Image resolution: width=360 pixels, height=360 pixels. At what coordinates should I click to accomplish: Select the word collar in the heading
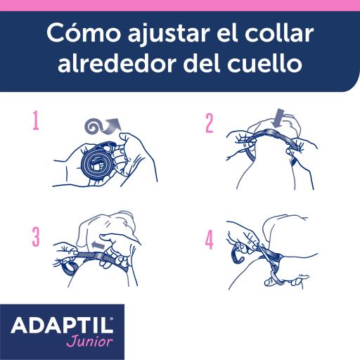pyautogui.click(x=276, y=34)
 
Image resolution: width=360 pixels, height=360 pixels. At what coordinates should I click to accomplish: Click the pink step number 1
pyautogui.click(x=35, y=122)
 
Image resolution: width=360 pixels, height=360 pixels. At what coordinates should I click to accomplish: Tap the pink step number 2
pyautogui.click(x=209, y=122)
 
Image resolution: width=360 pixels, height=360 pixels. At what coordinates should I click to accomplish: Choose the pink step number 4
pyautogui.click(x=209, y=241)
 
